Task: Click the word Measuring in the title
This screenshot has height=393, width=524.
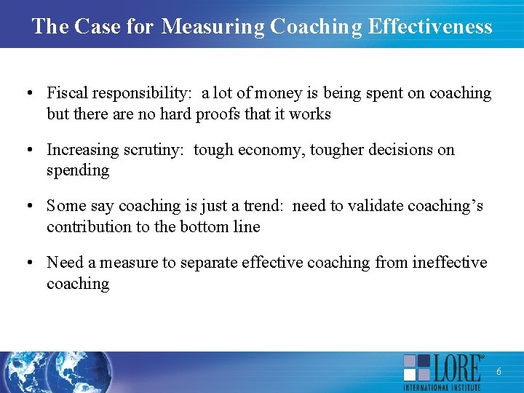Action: tap(213, 27)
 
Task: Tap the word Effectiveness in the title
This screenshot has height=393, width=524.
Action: tap(430, 27)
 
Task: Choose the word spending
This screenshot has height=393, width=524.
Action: tap(78, 171)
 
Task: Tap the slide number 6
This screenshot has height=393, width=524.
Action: tap(499, 372)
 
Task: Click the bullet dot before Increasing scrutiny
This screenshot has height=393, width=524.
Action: tap(27, 150)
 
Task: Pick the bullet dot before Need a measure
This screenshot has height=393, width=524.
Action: tap(27, 262)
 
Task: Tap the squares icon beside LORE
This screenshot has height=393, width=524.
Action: tap(417, 368)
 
